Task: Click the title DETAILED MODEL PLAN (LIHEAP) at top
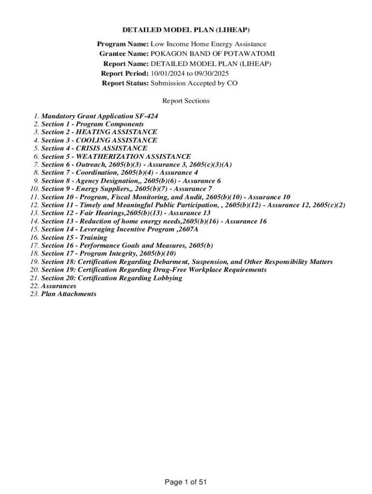coord(186,30)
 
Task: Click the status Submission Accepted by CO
coord(194,83)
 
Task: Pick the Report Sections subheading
coord(186,101)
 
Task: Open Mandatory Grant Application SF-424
coord(100,116)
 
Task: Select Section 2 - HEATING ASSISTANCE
coord(99,132)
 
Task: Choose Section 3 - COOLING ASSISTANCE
coord(99,140)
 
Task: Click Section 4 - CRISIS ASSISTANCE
coord(94,148)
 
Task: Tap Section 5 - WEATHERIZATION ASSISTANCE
coord(116,156)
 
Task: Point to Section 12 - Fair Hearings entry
coord(126,213)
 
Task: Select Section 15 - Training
coord(74,237)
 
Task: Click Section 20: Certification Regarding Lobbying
coord(111,278)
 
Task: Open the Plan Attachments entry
coord(69,294)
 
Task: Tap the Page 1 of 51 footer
coord(186,482)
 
